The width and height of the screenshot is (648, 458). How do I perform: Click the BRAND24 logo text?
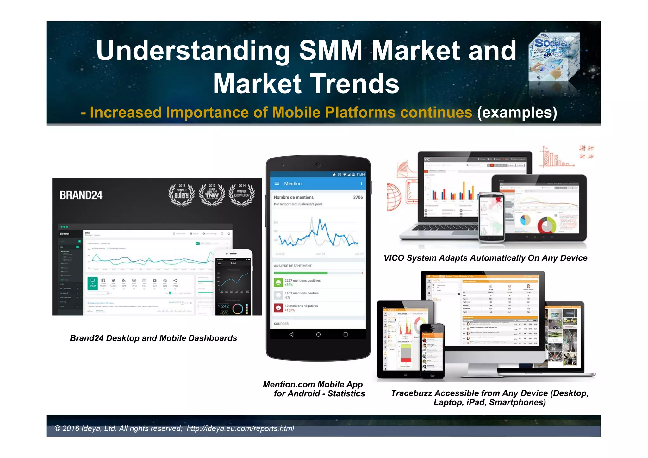(x=81, y=195)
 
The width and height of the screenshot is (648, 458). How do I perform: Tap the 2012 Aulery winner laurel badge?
(x=181, y=195)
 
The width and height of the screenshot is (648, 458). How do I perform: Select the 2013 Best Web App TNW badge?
(x=212, y=195)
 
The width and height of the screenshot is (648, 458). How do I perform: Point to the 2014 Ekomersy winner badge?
(x=242, y=195)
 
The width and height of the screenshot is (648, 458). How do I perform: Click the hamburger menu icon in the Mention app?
(x=277, y=183)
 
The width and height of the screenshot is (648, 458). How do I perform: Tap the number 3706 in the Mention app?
(x=358, y=197)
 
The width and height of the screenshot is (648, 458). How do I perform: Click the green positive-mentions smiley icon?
(x=278, y=282)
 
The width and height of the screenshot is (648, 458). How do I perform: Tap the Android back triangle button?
(x=291, y=334)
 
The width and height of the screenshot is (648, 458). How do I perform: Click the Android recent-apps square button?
(x=346, y=334)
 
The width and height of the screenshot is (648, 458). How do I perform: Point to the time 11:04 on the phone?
(x=360, y=175)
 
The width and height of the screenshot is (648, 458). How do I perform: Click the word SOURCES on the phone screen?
(x=281, y=324)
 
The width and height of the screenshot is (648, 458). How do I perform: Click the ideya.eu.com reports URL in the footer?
(x=240, y=429)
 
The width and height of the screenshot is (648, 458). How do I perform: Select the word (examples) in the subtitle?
(x=517, y=113)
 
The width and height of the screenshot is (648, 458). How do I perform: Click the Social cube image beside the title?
(x=554, y=57)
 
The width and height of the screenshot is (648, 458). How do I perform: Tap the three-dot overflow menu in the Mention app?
(x=361, y=183)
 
